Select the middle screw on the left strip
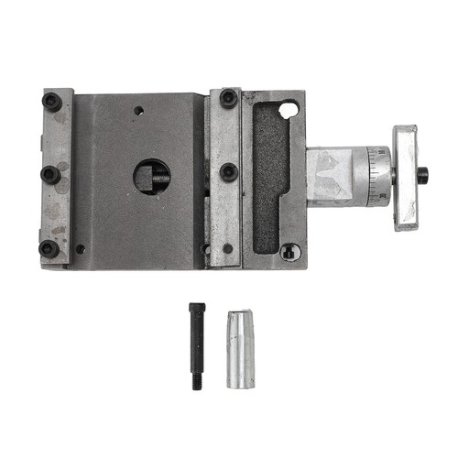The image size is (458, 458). (52, 173)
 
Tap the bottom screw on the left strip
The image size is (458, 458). (49, 246)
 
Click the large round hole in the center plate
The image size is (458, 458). (151, 177)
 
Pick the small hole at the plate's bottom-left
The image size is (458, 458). (81, 248)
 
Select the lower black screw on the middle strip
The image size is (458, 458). (228, 171)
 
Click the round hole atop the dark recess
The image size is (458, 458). (289, 110)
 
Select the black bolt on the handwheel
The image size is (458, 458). (422, 174)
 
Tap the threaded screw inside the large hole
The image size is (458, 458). (160, 177)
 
